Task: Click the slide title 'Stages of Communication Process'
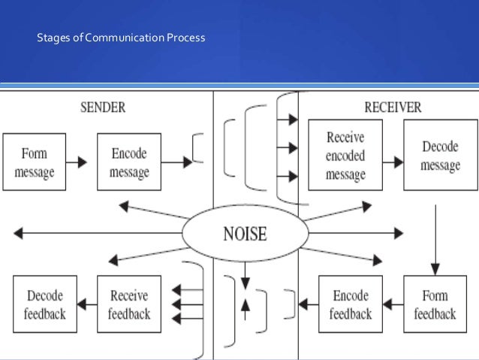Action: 121,37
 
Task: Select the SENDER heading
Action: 103,107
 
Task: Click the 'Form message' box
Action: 34,162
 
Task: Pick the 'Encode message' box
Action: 129,162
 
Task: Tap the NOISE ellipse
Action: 245,234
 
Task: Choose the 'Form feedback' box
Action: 435,304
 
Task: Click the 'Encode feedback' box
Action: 350,304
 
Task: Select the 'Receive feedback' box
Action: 129,304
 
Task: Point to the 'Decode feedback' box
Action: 44,304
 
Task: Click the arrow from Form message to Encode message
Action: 81,162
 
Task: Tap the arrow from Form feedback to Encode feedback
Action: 393,304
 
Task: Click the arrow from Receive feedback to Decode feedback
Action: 87,304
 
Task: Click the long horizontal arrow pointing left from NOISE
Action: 98,234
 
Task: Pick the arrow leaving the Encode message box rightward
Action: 176,161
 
